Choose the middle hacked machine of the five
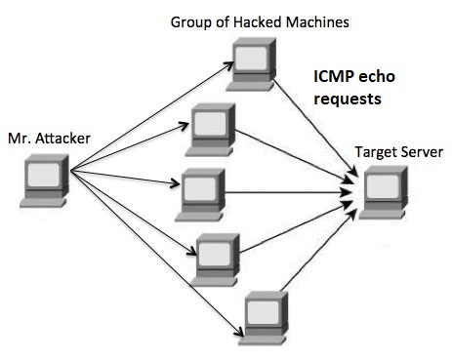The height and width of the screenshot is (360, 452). pyautogui.click(x=204, y=187)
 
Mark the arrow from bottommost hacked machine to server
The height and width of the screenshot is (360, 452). pyautogui.click(x=317, y=255)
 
